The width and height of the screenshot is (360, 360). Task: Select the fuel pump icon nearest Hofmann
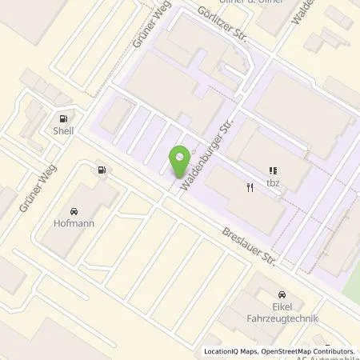point(101,170)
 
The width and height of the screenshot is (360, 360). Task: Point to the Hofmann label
point(73,223)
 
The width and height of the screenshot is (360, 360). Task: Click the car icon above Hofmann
point(73,210)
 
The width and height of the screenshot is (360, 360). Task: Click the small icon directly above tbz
point(274,170)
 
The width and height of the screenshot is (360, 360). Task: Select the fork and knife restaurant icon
point(250,188)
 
